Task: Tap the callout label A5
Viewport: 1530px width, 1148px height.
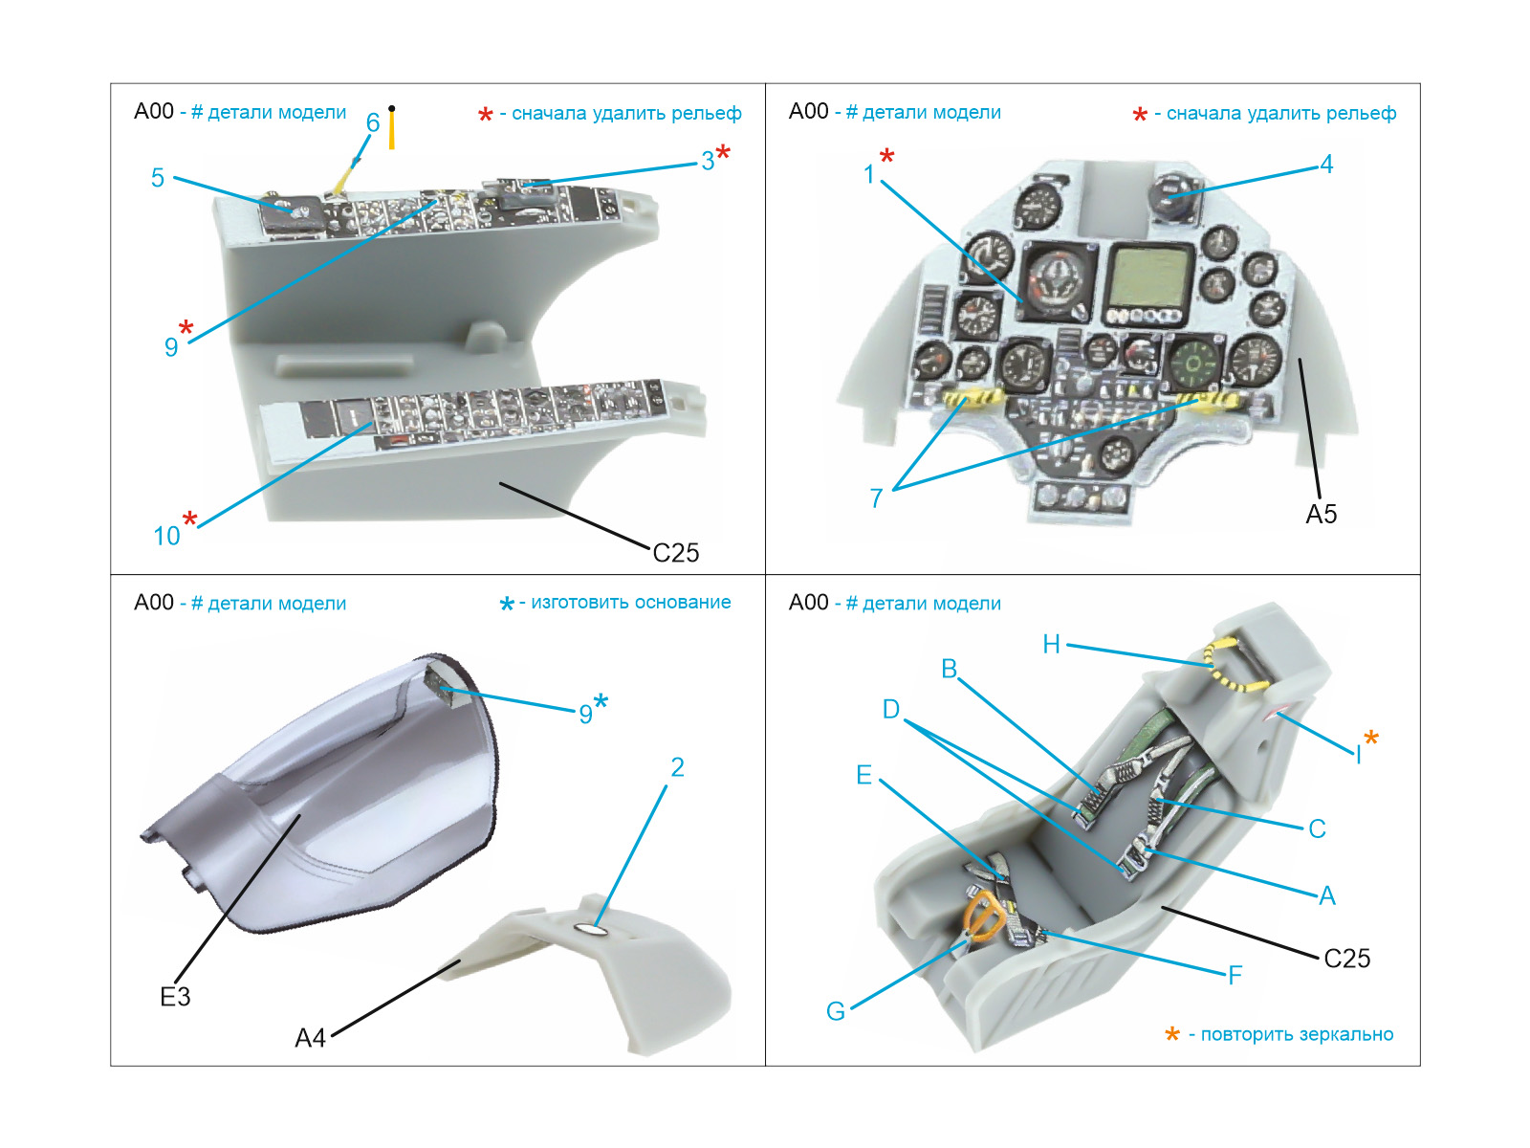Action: coord(1321,515)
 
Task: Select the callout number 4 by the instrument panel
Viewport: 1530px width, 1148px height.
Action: coord(1326,165)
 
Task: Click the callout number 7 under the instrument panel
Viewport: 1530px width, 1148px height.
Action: coord(876,498)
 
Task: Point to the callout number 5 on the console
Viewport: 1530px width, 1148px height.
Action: coord(158,178)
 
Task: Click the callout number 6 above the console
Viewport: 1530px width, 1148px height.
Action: coord(373,122)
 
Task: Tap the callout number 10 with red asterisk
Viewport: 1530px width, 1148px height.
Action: coord(166,537)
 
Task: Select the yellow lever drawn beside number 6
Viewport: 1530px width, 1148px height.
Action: coord(392,129)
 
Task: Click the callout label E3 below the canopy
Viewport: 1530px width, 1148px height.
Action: coord(175,997)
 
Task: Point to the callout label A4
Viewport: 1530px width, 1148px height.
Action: coord(310,1038)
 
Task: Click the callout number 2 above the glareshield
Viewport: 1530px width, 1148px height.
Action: coord(677,767)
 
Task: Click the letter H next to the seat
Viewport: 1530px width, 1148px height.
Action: coord(1051,645)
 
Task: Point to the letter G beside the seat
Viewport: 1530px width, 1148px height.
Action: coord(836,1011)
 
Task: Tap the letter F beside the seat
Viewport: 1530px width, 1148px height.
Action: coord(1235,976)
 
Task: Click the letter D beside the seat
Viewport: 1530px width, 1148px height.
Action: coord(890,710)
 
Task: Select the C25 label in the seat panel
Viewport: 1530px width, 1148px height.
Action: coord(1346,959)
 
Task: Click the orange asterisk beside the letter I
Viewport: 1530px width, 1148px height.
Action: coord(1371,738)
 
